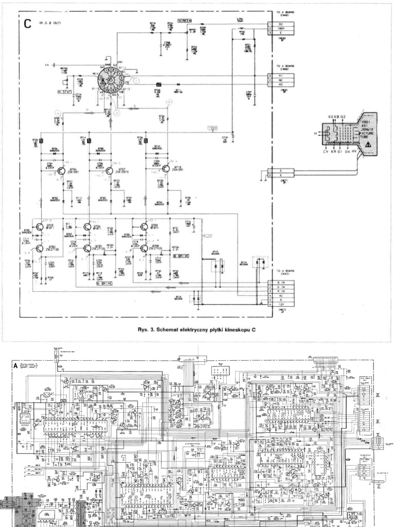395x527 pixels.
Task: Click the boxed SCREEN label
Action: (x=185, y=21)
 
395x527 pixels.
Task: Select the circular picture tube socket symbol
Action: (x=110, y=80)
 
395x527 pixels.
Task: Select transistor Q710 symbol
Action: (x=166, y=168)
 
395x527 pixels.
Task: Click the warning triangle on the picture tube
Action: (x=367, y=146)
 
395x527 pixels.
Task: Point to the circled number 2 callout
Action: (x=169, y=102)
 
